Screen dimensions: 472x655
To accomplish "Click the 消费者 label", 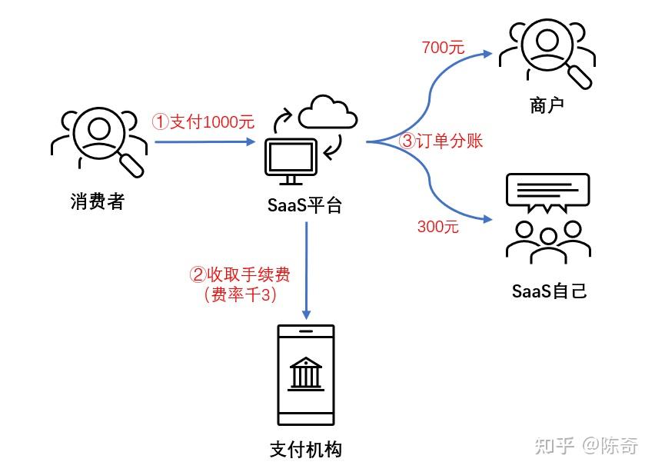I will click(97, 203).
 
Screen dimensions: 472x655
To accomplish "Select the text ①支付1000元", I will click(203, 121).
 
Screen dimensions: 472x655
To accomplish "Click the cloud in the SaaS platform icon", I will click(328, 115).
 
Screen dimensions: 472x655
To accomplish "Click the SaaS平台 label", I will click(304, 206).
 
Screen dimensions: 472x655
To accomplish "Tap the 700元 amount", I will click(443, 47).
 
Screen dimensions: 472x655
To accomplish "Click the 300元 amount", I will click(437, 226).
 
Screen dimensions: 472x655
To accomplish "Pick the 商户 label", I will click(547, 105).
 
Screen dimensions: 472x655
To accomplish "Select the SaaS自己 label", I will click(549, 291).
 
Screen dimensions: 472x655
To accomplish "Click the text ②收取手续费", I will click(240, 274).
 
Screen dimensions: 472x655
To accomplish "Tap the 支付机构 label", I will click(305, 450).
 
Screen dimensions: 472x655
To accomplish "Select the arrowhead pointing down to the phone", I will click(306, 314).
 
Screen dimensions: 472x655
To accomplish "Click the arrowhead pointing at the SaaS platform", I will click(251, 141).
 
